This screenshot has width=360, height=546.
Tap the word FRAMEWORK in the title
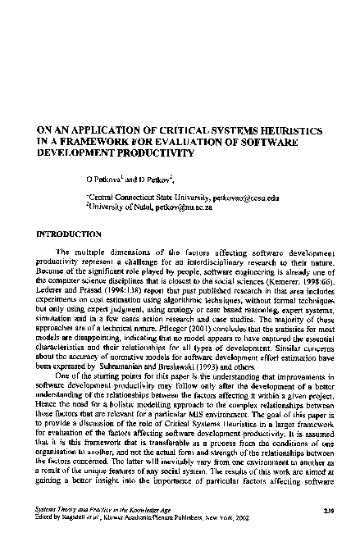coord(114,142)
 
